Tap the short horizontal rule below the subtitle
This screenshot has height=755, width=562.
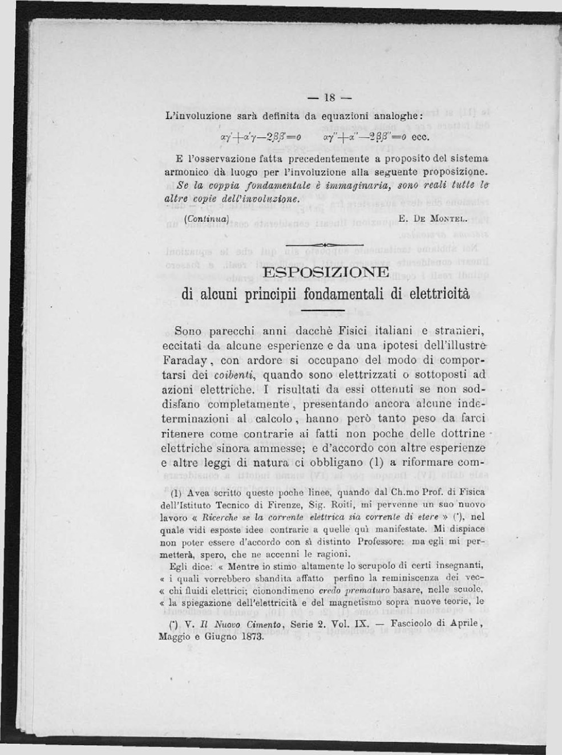click(x=322, y=311)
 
